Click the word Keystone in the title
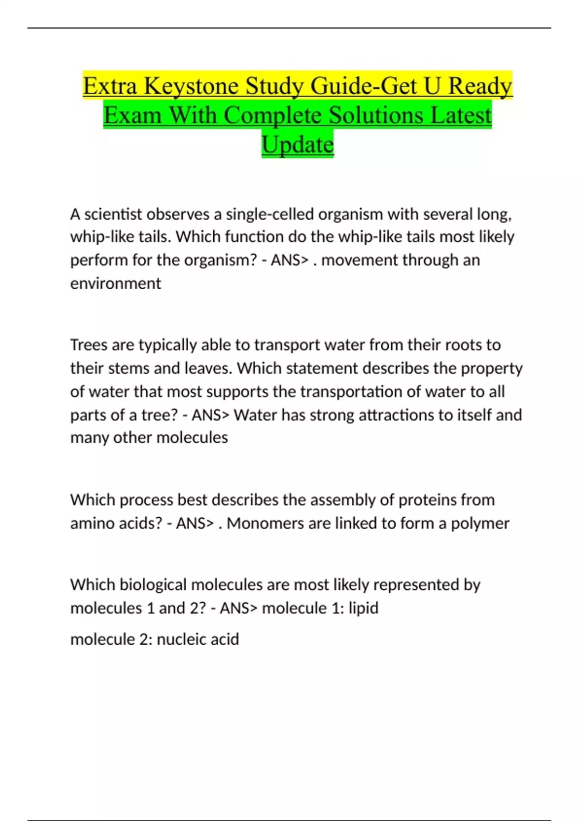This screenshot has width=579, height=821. (x=191, y=87)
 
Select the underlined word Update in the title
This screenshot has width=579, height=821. (x=298, y=145)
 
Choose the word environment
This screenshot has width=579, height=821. (x=115, y=283)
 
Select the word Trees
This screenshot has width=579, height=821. (x=88, y=345)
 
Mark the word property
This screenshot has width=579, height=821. (x=492, y=368)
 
